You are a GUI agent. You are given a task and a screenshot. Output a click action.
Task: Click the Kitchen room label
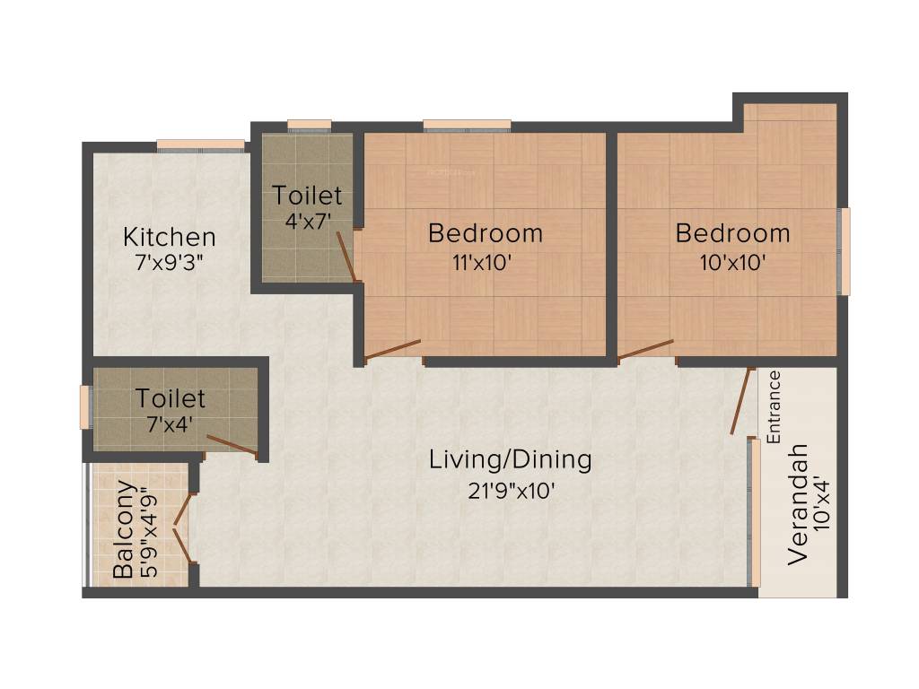[x=170, y=238]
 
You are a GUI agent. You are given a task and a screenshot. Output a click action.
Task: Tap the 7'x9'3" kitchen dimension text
[x=170, y=265]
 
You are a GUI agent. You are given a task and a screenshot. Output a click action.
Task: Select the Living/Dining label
[x=510, y=460]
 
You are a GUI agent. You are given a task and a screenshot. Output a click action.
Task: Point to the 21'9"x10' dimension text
[x=510, y=490]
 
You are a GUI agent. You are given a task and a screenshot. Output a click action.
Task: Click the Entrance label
[x=775, y=406]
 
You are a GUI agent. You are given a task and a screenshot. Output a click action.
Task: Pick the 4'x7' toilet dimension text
[x=307, y=222]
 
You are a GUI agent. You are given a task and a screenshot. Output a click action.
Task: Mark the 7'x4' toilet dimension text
[x=171, y=424]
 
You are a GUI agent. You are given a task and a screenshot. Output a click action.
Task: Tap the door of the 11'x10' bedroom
[x=393, y=349]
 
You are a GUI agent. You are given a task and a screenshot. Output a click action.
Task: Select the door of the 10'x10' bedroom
[x=646, y=349]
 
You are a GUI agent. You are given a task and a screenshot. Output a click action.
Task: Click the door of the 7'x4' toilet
[x=232, y=445]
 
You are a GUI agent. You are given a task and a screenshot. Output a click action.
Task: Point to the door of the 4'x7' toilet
[x=346, y=256]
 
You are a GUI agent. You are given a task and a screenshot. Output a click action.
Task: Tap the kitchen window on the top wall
[x=200, y=144]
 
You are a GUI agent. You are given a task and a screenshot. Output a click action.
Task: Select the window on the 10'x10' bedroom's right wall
[x=844, y=251]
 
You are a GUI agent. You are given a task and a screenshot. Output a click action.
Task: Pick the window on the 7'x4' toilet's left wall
[x=85, y=406]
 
